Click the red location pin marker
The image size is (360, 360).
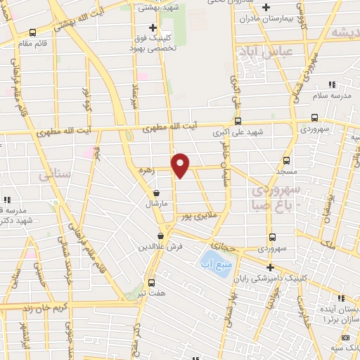click(181, 165)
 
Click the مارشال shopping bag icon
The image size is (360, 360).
click(155, 193)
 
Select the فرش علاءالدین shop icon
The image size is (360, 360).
click(161, 236)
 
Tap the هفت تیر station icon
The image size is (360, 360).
click(151, 283)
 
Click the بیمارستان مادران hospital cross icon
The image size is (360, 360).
click(266, 8)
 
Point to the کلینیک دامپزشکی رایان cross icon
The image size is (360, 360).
click(270, 267)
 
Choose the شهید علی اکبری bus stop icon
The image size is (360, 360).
click(238, 120)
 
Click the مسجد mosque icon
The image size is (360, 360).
click(286, 160)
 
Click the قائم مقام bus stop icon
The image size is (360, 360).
click(32, 32)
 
